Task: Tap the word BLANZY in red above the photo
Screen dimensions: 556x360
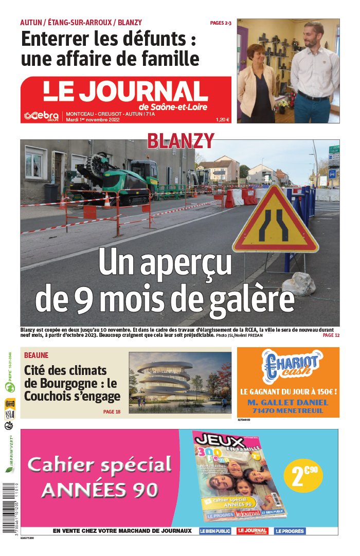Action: click(x=181, y=140)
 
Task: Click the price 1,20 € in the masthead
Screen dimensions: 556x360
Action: click(x=223, y=120)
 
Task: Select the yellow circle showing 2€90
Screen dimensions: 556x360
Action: click(x=303, y=476)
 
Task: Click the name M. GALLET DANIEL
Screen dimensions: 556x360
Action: click(x=288, y=402)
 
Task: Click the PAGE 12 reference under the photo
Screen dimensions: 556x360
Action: click(x=331, y=335)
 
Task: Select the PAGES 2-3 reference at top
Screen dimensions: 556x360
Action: click(x=221, y=23)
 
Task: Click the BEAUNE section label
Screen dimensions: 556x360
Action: click(x=36, y=355)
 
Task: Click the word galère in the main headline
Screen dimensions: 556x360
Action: click(x=251, y=298)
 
